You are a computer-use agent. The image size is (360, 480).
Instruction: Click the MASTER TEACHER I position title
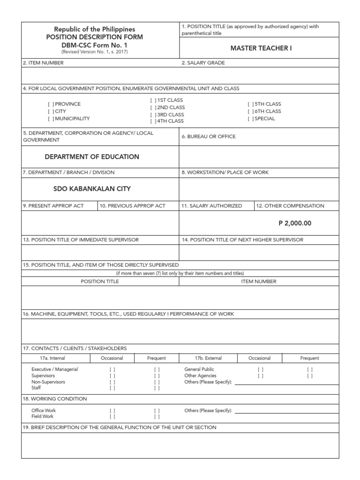pyautogui.click(x=261, y=49)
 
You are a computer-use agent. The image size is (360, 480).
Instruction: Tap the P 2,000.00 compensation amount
pyautogui.click(x=294, y=223)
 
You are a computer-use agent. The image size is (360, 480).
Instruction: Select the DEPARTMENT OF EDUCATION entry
pyautogui.click(x=92, y=157)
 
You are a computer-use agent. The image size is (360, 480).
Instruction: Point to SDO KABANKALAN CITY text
pyautogui.click(x=92, y=188)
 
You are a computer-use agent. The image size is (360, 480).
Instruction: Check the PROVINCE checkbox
pyautogui.click(x=50, y=104)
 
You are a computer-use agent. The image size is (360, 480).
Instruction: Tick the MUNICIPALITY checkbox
pyautogui.click(x=50, y=119)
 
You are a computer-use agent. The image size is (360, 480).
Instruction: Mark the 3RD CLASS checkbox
pyautogui.click(x=153, y=114)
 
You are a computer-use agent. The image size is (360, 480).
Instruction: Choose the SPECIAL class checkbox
pyautogui.click(x=250, y=119)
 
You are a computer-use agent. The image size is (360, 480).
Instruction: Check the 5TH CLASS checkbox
pyautogui.click(x=250, y=104)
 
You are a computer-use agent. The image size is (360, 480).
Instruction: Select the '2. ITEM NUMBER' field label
pyautogui.click(x=45, y=63)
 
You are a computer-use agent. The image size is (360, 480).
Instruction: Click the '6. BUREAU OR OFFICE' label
pyautogui.click(x=209, y=136)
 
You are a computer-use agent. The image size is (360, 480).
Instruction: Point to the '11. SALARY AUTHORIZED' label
pyautogui.click(x=212, y=206)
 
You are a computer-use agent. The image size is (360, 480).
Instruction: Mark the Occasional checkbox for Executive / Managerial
pyautogui.click(x=112, y=369)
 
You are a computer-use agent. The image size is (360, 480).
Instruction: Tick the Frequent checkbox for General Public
pyautogui.click(x=309, y=369)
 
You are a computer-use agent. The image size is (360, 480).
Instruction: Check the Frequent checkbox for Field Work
pyautogui.click(x=157, y=416)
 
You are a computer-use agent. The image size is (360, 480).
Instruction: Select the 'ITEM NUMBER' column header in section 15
pyautogui.click(x=258, y=281)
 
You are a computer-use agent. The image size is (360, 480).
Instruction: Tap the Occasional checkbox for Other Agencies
pyautogui.click(x=260, y=375)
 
